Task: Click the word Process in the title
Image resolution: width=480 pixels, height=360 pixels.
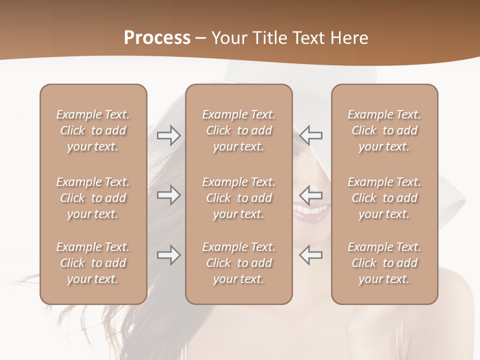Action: [157, 38]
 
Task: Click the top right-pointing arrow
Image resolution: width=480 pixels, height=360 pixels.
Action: [168, 135]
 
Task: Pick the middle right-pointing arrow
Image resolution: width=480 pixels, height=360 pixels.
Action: [168, 194]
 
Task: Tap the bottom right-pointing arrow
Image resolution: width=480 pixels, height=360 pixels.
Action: [168, 255]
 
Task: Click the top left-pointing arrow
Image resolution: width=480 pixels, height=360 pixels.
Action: [310, 135]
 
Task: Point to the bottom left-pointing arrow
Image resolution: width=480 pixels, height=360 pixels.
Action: [310, 255]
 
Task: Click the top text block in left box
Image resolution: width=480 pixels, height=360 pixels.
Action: [93, 130]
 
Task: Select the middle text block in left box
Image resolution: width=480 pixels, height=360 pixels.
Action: [93, 198]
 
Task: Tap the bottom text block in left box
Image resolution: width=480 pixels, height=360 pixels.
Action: [93, 263]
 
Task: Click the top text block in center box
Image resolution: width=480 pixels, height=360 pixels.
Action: [238, 130]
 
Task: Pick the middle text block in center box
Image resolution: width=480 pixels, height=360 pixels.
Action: [238, 198]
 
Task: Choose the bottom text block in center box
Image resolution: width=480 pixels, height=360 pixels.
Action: [238, 263]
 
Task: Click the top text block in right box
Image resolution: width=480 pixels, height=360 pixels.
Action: [384, 130]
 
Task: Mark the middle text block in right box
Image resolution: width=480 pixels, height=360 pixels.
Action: [384, 198]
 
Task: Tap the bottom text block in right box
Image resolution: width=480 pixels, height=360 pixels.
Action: [384, 263]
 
